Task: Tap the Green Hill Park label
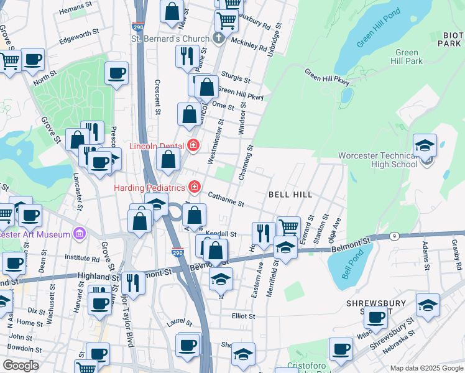[409, 57]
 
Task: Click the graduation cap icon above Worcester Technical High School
[425, 145]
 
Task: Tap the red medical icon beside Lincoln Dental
[193, 145]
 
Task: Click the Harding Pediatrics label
[149, 187]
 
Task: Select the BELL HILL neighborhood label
[290, 195]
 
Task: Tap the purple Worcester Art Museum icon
[78, 234]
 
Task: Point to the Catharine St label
[225, 199]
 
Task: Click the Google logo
[21, 366]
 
